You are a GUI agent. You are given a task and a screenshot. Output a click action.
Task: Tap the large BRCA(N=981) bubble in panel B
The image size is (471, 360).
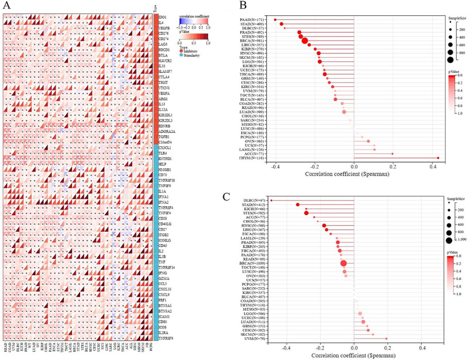click(305, 41)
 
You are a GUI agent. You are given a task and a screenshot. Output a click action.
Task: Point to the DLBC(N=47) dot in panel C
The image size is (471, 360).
click(271, 201)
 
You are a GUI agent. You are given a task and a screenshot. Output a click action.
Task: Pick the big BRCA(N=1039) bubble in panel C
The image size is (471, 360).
click(344, 263)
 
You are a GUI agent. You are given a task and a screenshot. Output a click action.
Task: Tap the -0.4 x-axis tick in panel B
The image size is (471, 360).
click(274, 166)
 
